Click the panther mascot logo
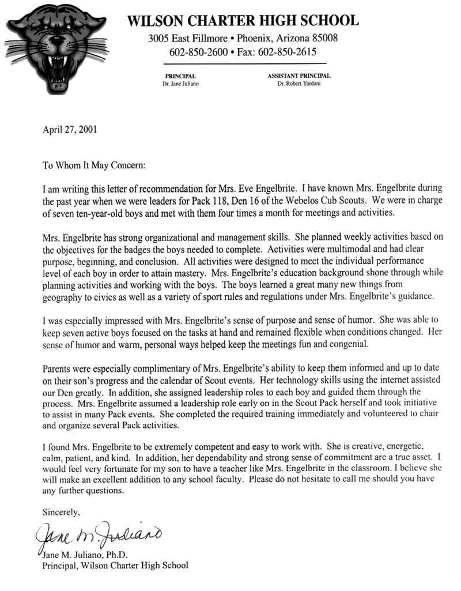coord(55,49)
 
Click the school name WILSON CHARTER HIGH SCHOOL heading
coord(242,21)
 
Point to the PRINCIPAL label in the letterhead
coord(180,76)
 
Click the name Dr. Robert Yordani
coord(298,84)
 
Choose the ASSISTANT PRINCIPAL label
coord(298,76)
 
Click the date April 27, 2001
coord(70,130)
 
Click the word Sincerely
coord(62,511)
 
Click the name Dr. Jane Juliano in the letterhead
coord(180,84)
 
